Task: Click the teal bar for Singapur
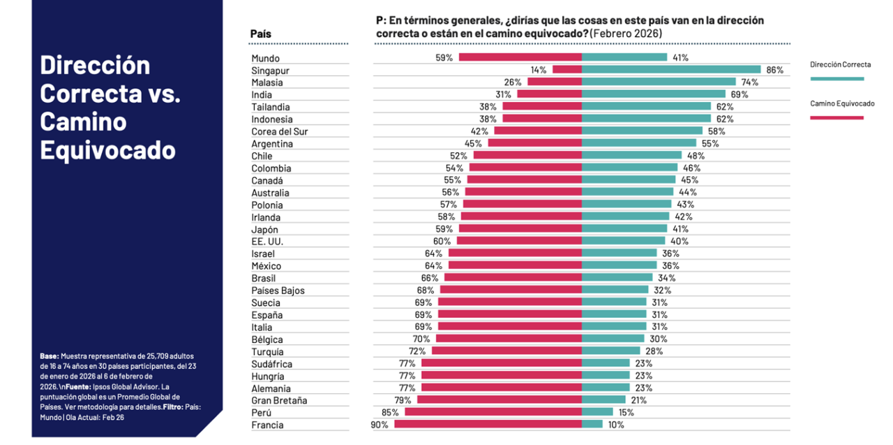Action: [670, 70]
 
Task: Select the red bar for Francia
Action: [488, 424]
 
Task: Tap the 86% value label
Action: [774, 70]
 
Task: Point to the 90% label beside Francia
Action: [380, 425]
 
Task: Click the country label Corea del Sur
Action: [279, 131]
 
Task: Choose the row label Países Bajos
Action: [278, 290]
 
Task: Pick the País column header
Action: [261, 34]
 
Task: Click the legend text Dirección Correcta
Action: [840, 65]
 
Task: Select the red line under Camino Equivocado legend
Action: [836, 117]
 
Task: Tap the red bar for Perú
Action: [493, 412]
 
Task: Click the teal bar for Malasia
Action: [659, 82]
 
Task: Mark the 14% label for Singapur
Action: [538, 70]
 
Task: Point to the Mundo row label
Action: [265, 58]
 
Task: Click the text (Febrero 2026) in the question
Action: [625, 34]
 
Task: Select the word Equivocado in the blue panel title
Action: [107, 149]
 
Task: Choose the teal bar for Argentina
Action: [639, 143]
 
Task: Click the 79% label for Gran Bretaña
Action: [403, 400]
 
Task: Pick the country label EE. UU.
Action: [267, 241]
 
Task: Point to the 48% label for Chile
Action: [696, 156]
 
